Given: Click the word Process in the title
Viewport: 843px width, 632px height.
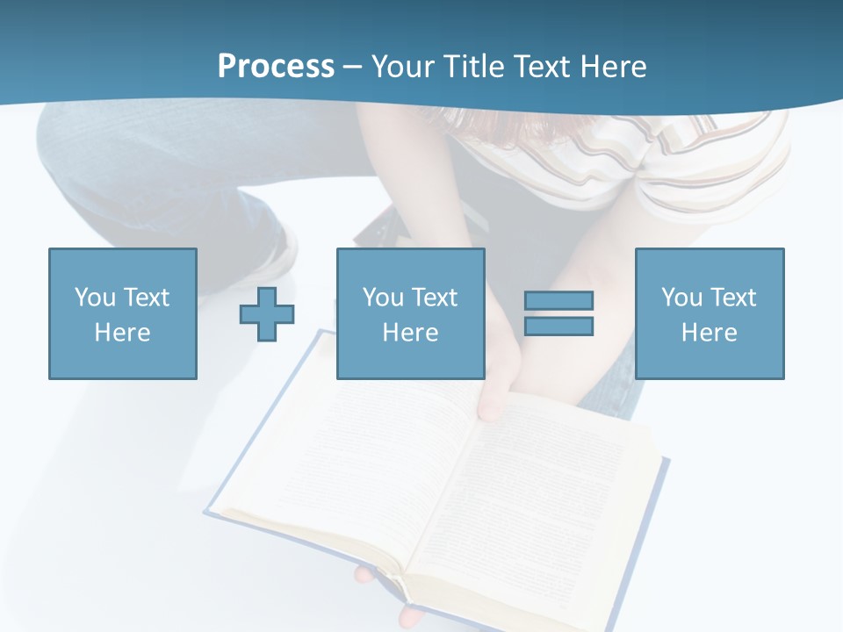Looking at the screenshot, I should [x=276, y=67].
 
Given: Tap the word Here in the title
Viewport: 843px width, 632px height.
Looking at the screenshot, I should [x=613, y=67].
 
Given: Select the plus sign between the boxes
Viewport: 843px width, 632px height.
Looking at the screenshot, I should [x=267, y=313].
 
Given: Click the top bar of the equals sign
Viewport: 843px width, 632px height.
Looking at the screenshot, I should [x=558, y=300].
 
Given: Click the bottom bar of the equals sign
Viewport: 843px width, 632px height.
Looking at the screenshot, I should [x=558, y=327].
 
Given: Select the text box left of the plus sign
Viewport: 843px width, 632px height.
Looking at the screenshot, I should [x=122, y=313].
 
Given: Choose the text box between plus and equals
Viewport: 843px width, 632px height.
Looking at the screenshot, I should [x=410, y=313].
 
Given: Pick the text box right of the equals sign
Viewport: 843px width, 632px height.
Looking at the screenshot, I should [x=709, y=313].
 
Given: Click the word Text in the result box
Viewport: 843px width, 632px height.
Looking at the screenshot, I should [x=732, y=298].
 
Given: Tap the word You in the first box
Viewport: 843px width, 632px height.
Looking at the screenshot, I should [x=94, y=298].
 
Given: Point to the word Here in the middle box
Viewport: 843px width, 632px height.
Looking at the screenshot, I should [x=410, y=333].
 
